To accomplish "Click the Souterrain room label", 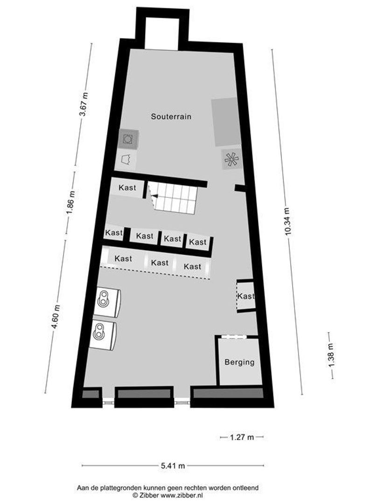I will click(171, 117).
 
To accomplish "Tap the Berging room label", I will click(239, 362).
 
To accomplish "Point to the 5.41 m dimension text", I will click(173, 465).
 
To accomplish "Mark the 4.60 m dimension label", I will click(56, 317).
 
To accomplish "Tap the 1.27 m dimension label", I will click(242, 437).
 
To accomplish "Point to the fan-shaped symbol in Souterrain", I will click(231, 160).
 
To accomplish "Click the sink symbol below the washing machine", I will click(126, 159).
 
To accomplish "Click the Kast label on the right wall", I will click(246, 296).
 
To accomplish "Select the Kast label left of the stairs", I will click(127, 188).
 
